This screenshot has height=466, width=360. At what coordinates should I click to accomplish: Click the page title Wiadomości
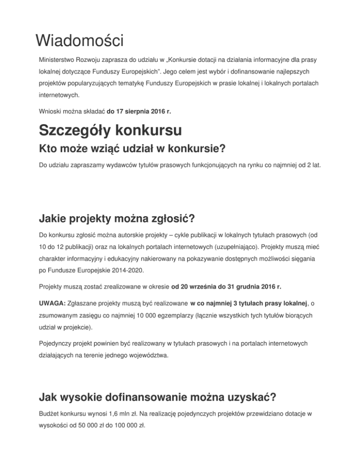pyautogui.click(x=79, y=40)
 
